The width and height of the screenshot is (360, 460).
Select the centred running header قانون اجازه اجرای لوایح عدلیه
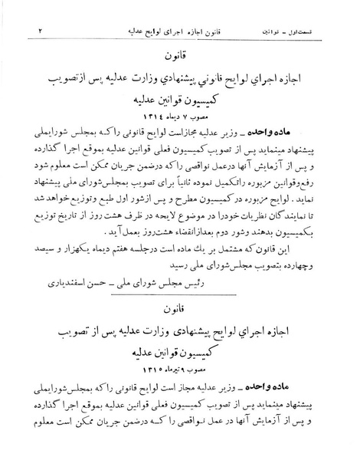tap(163, 11)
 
